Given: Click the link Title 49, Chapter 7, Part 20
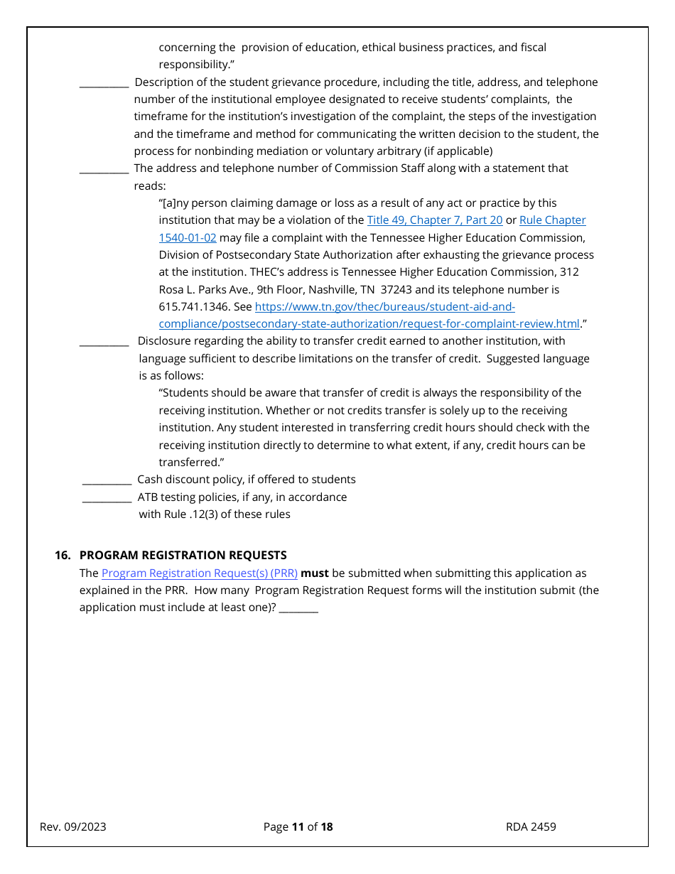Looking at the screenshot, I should click(434, 220).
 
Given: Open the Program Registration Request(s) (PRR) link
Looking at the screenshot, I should click(199, 573).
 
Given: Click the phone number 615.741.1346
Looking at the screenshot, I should click(191, 307).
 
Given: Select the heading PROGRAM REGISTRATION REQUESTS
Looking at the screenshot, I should click(183, 556).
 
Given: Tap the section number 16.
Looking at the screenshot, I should click(63, 556).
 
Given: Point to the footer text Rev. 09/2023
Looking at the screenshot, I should click(73, 827).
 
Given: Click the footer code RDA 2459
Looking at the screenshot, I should click(531, 827).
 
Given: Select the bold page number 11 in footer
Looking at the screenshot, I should click(298, 827).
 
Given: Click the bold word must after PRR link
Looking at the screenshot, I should click(315, 573).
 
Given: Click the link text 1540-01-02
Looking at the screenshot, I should click(187, 238).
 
